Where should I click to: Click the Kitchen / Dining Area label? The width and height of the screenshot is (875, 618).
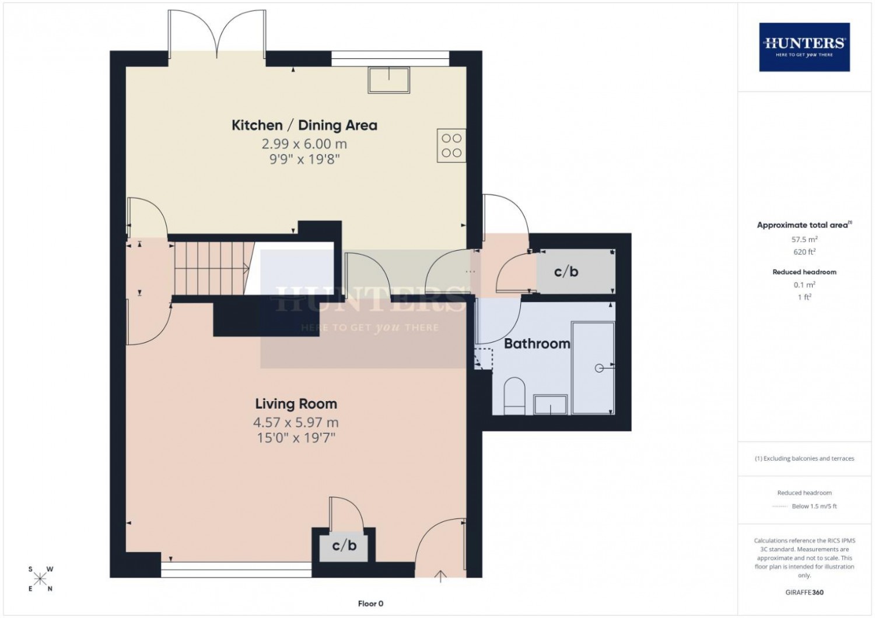pyautogui.click(x=304, y=125)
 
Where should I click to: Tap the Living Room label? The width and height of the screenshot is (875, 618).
pyautogui.click(x=296, y=403)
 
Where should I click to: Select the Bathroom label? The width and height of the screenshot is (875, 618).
pyautogui.click(x=537, y=343)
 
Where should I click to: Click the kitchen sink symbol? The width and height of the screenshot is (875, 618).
pyautogui.click(x=388, y=80)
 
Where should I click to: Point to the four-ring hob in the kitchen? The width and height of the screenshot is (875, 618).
pyautogui.click(x=452, y=145)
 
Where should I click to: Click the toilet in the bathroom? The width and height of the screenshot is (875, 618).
pyautogui.click(x=514, y=396)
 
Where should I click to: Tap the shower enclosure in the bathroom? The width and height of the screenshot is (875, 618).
pyautogui.click(x=593, y=367)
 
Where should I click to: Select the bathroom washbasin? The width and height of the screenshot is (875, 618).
pyautogui.click(x=551, y=405)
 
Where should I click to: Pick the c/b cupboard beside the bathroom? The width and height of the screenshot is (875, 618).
pyautogui.click(x=575, y=272)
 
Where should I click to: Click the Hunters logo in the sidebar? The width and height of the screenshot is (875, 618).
pyautogui.click(x=804, y=47)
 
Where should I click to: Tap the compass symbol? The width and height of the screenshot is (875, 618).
pyautogui.click(x=40, y=579)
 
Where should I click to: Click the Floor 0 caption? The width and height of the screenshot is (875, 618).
pyautogui.click(x=370, y=603)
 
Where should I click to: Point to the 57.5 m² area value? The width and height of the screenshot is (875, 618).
pyautogui.click(x=804, y=239)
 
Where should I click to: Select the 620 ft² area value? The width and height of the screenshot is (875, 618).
pyautogui.click(x=804, y=252)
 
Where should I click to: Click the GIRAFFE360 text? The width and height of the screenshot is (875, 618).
pyautogui.click(x=804, y=592)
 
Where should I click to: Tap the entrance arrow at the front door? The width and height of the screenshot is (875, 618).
pyautogui.click(x=440, y=576)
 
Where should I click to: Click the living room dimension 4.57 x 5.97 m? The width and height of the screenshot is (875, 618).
pyautogui.click(x=296, y=423)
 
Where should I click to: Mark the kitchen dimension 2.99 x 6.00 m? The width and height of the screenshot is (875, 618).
pyautogui.click(x=304, y=144)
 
